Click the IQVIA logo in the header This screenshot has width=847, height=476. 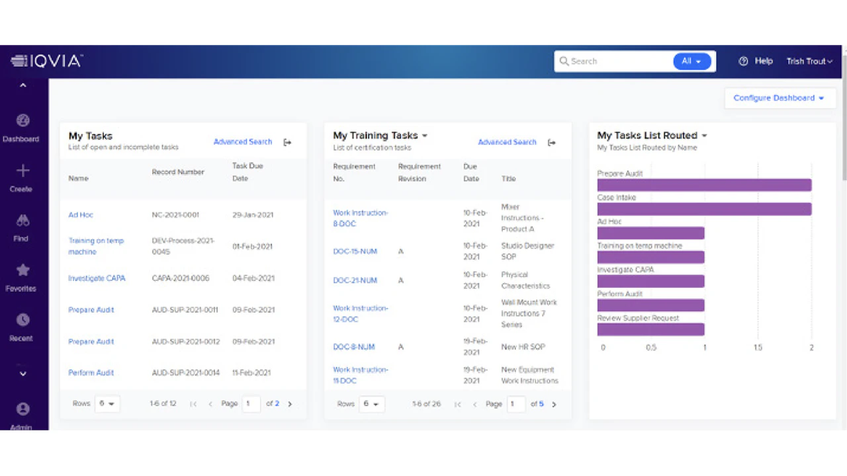coord(46,61)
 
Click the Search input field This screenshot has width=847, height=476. coord(615,61)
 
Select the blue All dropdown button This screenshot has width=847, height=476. coord(691,61)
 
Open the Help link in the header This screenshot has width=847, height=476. coord(756,61)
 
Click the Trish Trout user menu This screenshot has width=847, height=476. coord(809,61)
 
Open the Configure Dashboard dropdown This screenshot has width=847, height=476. coord(780,98)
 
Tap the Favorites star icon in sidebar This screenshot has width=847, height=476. coord(22,270)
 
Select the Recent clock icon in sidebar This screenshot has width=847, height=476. coord(22,320)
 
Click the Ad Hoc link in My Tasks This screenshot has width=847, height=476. coord(81,215)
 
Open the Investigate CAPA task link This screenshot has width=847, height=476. coord(97,278)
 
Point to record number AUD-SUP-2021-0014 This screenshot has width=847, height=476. coord(185,373)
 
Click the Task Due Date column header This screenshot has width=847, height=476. coord(247,172)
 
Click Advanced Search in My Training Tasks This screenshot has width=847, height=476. coord(507,142)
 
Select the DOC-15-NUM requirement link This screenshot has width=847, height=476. coord(355,251)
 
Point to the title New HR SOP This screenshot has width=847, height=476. coord(523,347)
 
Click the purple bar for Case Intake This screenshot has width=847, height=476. coord(704,209)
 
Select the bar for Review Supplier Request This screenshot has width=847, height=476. coord(650,329)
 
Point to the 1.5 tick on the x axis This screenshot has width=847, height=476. coord(758,347)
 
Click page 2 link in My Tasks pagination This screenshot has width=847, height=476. coord(277,404)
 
